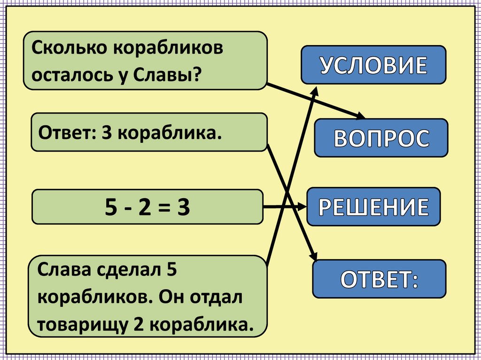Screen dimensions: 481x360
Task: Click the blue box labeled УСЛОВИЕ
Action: [373, 65]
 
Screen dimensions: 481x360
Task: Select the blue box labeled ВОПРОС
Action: [381, 138]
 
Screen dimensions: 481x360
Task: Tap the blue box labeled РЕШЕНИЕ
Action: [374, 207]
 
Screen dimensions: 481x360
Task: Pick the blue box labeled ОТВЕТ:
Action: [379, 279]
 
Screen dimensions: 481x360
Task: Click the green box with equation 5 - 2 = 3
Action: [147, 207]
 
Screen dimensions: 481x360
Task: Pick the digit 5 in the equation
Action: [111, 207]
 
